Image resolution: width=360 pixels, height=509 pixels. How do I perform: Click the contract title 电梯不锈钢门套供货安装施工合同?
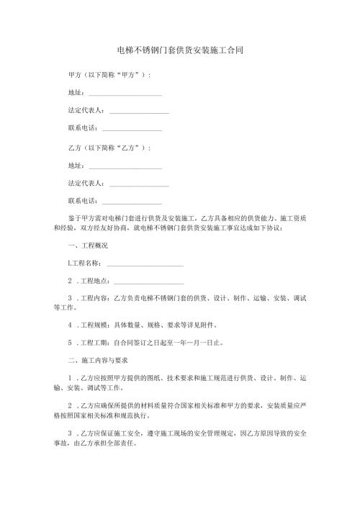179,51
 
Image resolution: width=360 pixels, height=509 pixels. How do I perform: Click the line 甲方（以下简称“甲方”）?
108,75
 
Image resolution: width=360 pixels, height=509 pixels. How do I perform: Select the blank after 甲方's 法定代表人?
139,112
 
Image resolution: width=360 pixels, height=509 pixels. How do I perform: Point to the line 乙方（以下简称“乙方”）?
108,148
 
